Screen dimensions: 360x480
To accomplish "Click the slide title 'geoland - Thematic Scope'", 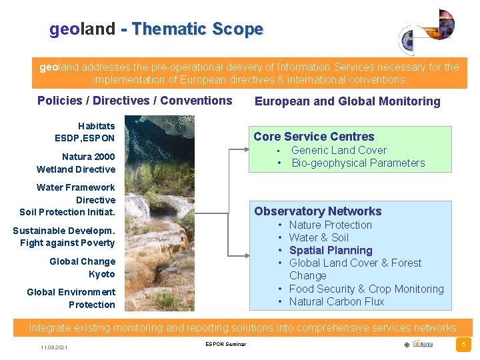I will click(156, 29).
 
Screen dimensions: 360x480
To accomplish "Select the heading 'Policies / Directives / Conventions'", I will click(135, 101).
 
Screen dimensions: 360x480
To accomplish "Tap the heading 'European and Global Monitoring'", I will click(347, 101).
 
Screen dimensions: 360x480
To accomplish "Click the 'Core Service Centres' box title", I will click(313, 137).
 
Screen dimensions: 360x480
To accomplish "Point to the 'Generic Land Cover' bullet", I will click(339, 151).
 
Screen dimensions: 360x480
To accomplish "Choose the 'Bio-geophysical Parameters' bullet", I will click(358, 163).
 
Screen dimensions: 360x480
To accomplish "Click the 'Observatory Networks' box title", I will click(317, 211).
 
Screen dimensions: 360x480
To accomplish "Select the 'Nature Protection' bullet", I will click(330, 225).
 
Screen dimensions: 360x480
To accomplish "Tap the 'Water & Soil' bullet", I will click(319, 238).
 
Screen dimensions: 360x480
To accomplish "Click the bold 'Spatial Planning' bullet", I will click(331, 251).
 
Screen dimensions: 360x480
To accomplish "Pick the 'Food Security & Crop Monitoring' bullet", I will click(366, 289).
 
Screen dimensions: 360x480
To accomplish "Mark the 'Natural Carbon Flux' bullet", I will click(337, 302).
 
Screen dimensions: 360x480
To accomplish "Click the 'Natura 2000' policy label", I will click(88, 157).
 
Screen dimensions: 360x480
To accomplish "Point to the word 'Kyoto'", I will click(101, 274).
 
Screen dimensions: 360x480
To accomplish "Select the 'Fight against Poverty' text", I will click(67, 243).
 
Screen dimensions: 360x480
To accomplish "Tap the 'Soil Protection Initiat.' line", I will click(67, 213).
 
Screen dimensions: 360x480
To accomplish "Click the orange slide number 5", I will click(463, 345).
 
